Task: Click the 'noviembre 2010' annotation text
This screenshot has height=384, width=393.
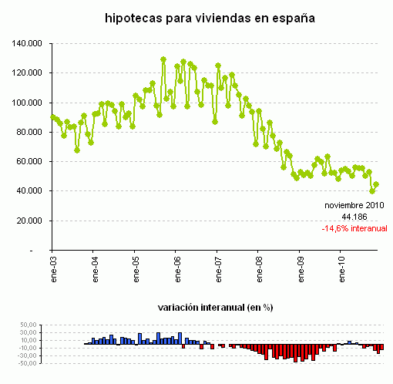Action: coord(353,206)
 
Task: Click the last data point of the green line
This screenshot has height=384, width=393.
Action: coord(376,185)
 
